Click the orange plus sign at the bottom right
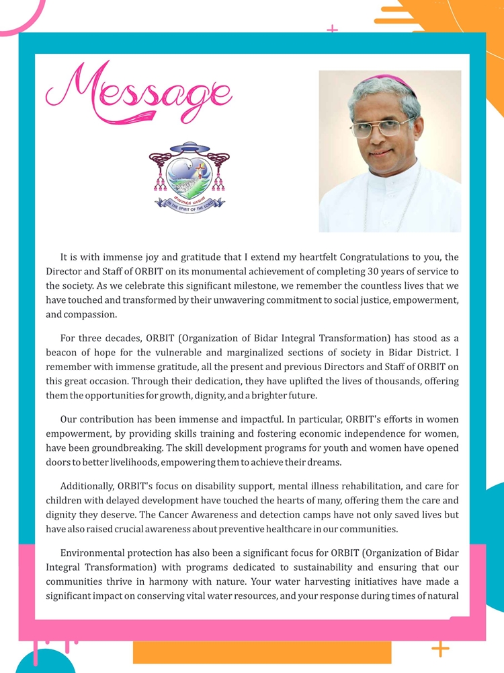click(x=440, y=649)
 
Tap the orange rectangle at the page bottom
click(x=262, y=652)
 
